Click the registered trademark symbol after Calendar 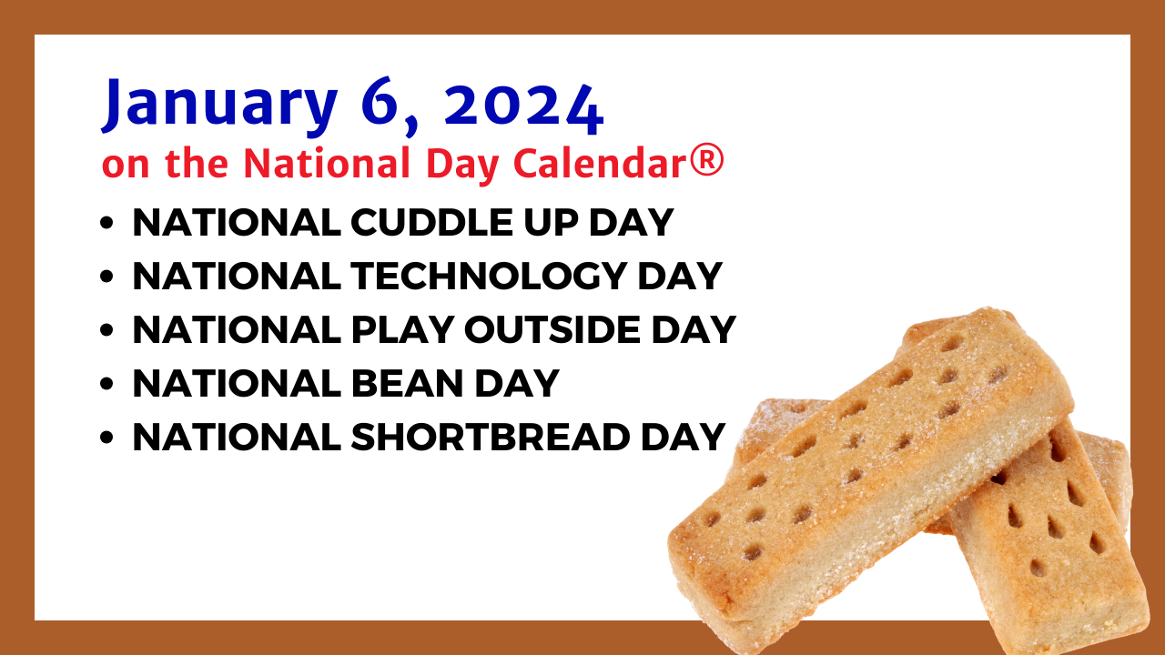pos(706,162)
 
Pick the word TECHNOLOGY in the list pos(489,276)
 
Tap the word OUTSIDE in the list pos(552,329)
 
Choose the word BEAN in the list pos(407,383)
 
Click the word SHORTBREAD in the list pos(491,437)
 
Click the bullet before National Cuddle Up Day pos(106,223)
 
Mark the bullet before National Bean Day pos(106,384)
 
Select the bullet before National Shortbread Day pos(106,438)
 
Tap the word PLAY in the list pos(402,329)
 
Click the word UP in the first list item pos(552,223)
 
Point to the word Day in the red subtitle pos(463,165)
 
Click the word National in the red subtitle pos(327,162)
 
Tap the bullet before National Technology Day pos(106,277)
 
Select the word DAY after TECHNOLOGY pos(680,276)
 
